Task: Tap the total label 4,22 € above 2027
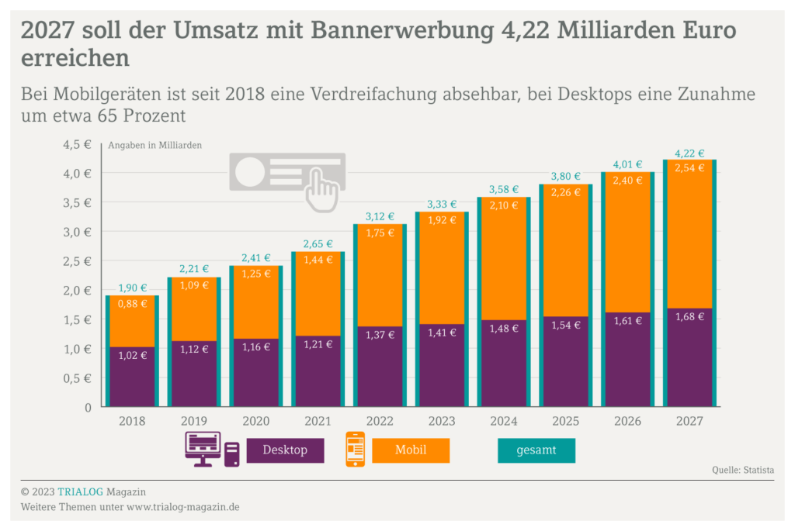pyautogui.click(x=689, y=153)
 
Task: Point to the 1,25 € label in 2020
pyautogui.click(x=255, y=274)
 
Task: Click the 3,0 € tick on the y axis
pyautogui.click(x=77, y=232)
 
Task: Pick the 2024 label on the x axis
pyautogui.click(x=504, y=421)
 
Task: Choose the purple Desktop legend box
pyautogui.click(x=285, y=450)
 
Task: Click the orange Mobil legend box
pyautogui.click(x=411, y=450)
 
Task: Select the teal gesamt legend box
pyautogui.click(x=536, y=450)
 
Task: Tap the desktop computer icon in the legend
pyautogui.click(x=203, y=449)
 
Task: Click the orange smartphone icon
pyautogui.click(x=355, y=450)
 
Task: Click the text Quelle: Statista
pyautogui.click(x=742, y=470)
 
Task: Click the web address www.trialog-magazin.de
pyautogui.click(x=182, y=507)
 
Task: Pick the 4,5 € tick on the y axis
pyautogui.click(x=77, y=144)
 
